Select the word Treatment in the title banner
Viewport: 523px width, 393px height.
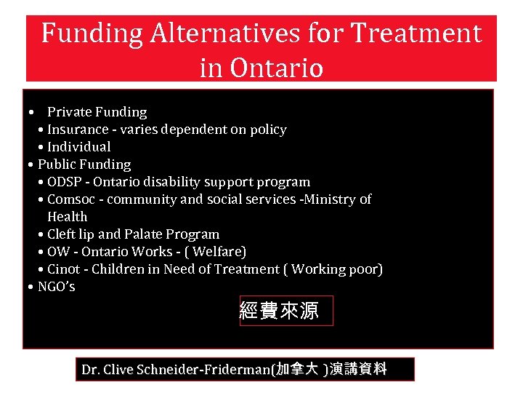416,33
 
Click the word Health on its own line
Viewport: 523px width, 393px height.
67,217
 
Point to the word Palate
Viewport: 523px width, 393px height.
143,234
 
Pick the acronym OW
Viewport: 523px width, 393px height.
58,252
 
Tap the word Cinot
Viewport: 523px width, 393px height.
63,269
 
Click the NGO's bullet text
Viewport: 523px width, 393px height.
56,287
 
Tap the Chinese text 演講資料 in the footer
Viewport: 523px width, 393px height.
361,369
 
